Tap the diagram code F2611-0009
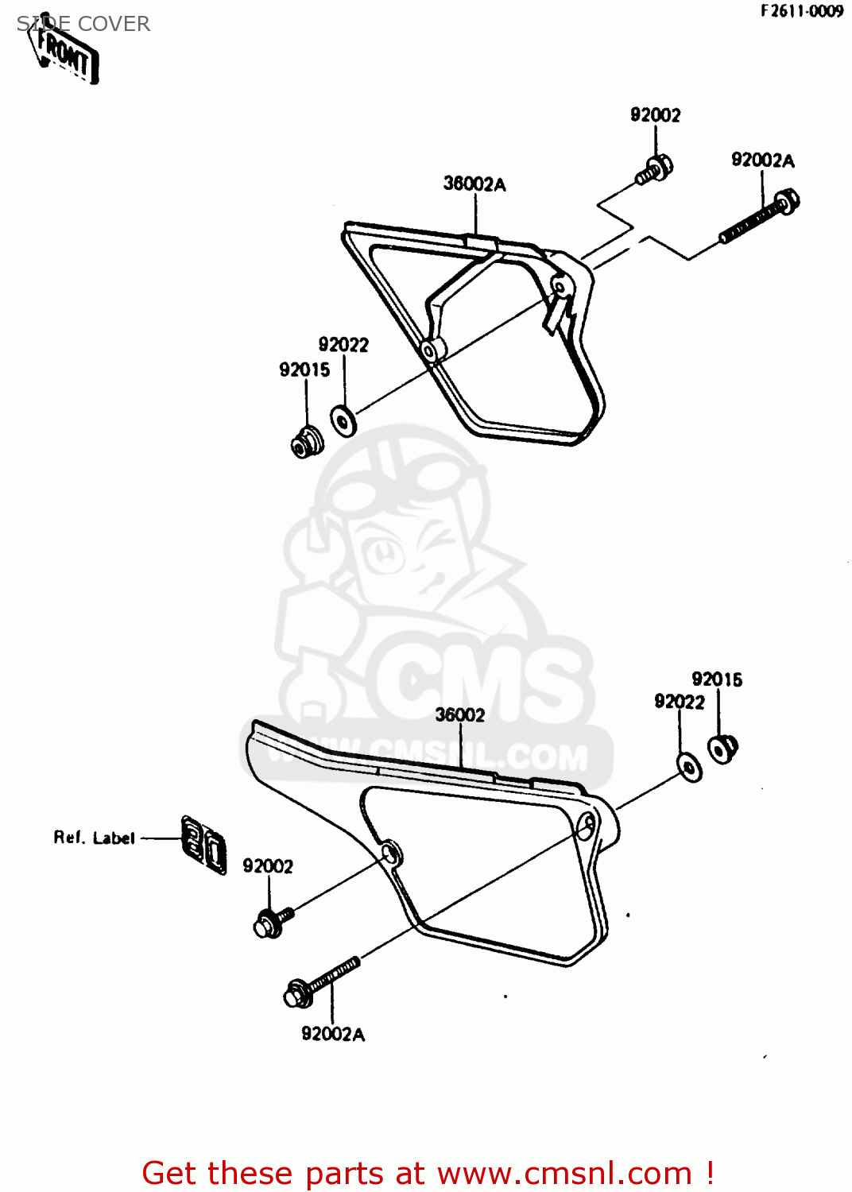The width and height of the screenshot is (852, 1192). pos(801,11)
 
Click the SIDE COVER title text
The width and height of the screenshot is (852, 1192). pos(83,24)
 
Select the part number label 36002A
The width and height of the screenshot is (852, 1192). pos(474,184)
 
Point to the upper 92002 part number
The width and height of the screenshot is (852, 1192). pos(656,115)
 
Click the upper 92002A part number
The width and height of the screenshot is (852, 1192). pos(763,161)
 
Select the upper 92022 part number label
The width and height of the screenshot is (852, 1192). pos(343,345)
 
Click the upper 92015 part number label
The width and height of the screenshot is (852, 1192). pos(304,370)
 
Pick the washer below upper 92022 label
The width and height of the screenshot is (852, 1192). pos(343,420)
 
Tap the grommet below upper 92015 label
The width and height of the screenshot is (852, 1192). pos(306,442)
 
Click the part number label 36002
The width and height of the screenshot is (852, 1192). pos(460,715)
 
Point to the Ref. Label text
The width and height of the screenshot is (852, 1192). pos(94,838)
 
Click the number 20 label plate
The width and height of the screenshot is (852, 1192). pos(204,845)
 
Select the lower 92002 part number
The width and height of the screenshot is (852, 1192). pos(268,866)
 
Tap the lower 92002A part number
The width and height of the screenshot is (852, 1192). pos(333,1034)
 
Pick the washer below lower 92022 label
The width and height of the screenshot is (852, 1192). pos(689,767)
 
